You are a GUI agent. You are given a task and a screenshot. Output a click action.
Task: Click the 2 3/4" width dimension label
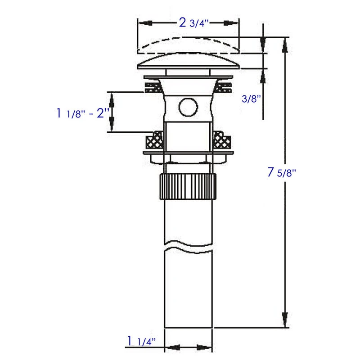tap(193, 23)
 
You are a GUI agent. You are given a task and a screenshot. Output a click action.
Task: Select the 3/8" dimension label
tap(252, 99)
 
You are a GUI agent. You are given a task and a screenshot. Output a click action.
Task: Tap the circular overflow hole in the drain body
tap(188, 107)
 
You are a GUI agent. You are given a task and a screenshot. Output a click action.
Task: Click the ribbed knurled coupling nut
tap(188, 186)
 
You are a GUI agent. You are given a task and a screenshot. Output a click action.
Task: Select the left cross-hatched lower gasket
tap(154, 140)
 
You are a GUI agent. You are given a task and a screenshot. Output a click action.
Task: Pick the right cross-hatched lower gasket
tap(222, 140)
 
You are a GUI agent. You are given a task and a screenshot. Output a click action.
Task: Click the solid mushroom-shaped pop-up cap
tap(188, 62)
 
